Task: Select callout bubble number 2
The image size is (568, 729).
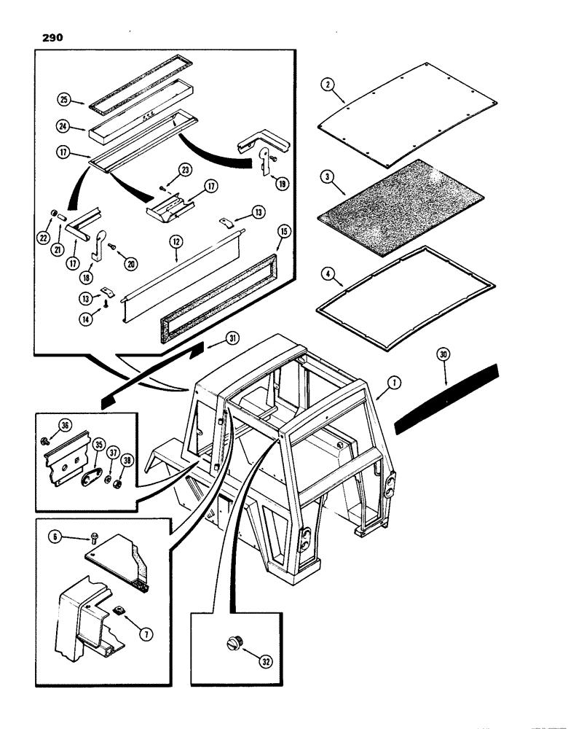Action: pyautogui.click(x=330, y=84)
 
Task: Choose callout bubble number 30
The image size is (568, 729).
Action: pyautogui.click(x=445, y=356)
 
